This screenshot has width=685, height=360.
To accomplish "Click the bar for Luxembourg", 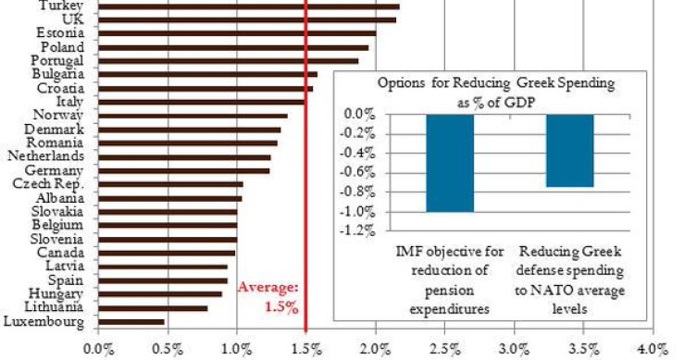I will pyautogui.click(x=131, y=322).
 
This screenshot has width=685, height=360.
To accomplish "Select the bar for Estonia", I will pyautogui.click(x=236, y=32).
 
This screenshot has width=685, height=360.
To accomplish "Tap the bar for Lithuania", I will pyautogui.click(x=152, y=308).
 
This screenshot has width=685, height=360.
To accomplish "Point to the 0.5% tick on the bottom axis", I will pyautogui.click(x=168, y=349).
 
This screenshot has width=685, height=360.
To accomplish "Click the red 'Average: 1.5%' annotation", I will pyautogui.click(x=268, y=297).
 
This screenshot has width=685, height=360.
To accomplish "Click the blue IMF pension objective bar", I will pyautogui.click(x=450, y=163).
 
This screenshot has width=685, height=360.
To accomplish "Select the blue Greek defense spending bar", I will pyautogui.click(x=569, y=151).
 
